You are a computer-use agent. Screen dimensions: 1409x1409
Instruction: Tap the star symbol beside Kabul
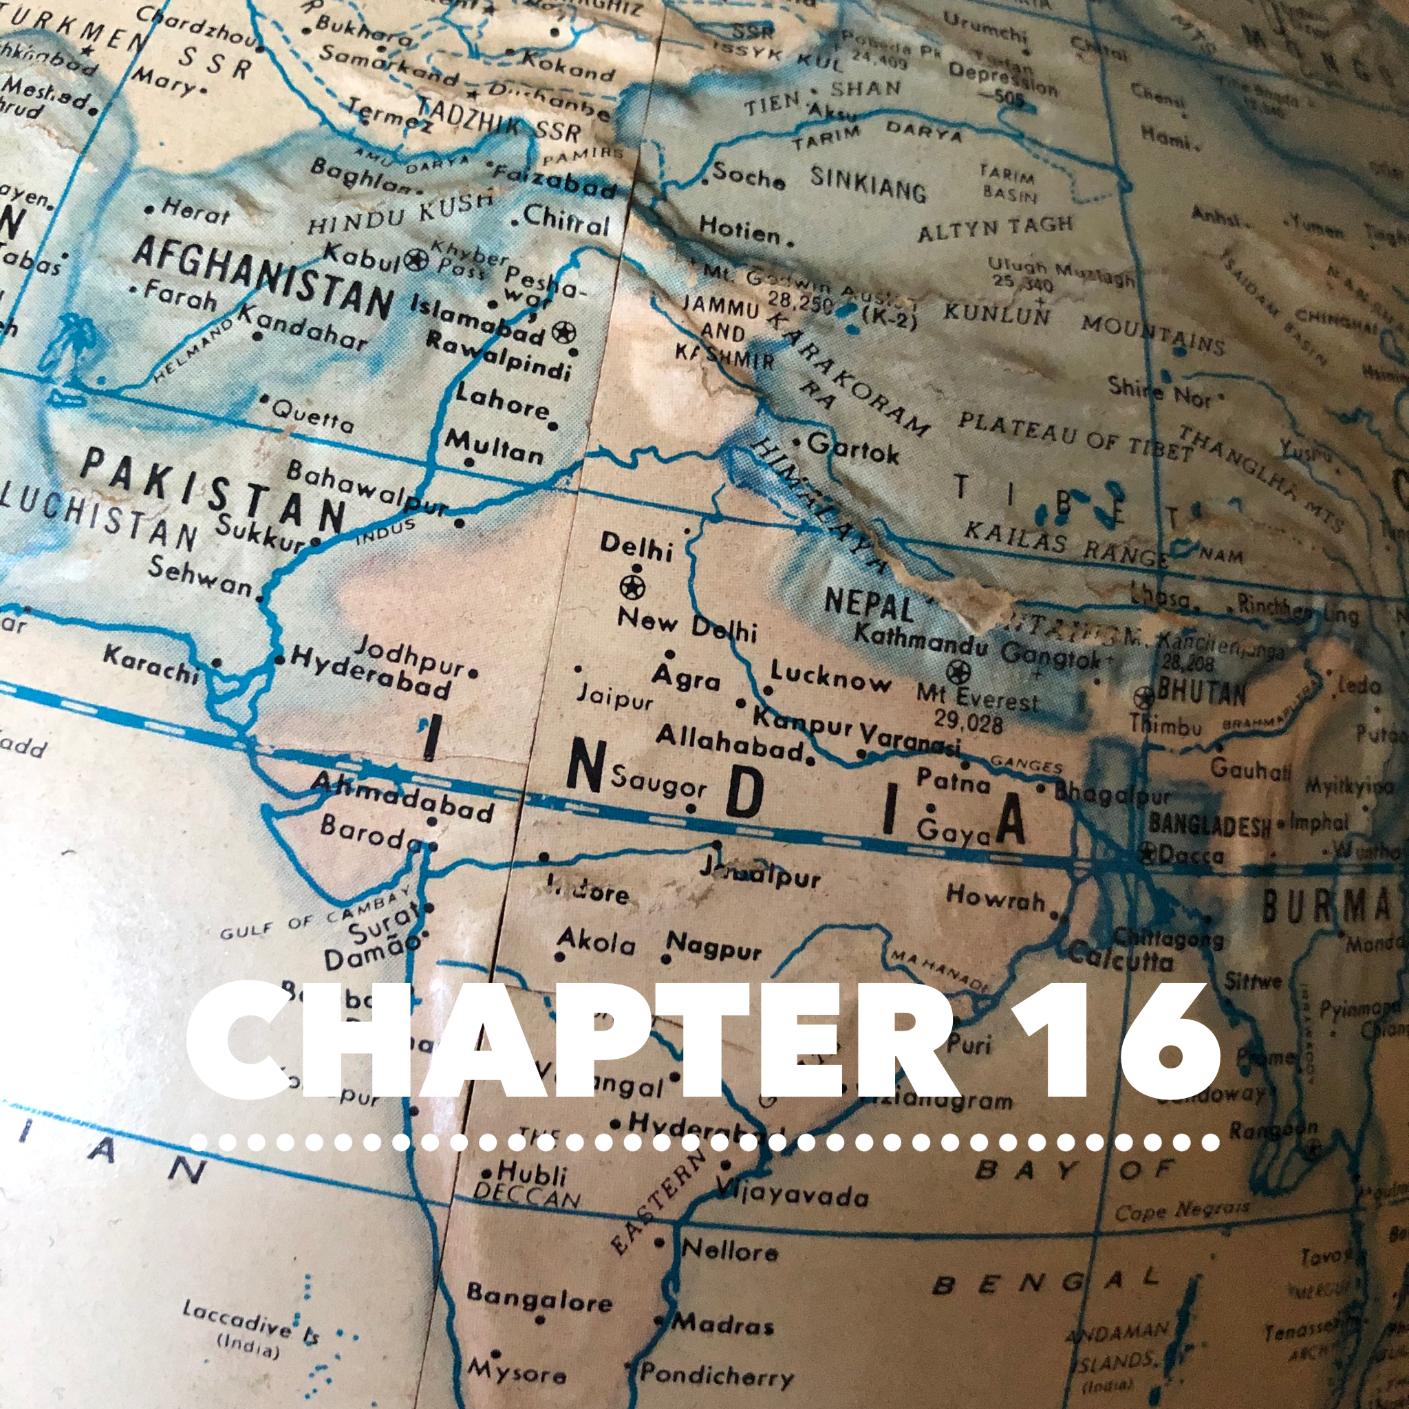(x=416, y=259)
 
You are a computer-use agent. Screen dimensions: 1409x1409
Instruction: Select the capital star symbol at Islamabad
(x=563, y=332)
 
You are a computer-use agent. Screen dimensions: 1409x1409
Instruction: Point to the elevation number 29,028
(x=969, y=721)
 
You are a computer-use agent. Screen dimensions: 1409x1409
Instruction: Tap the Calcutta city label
(x=1120, y=957)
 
